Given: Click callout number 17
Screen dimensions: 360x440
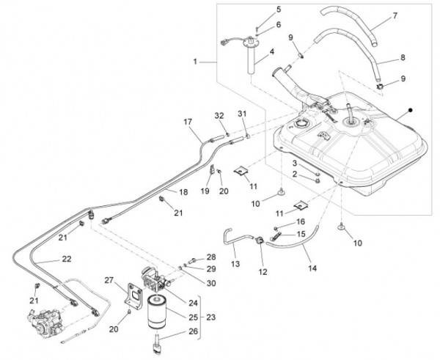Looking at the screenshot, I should point(187,121).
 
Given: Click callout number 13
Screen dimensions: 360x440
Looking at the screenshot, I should point(235,262).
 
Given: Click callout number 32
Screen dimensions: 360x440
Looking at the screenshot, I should point(218,116).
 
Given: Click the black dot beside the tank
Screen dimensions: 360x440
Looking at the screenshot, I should point(411,109).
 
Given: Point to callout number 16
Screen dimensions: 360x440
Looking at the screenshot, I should point(301,221).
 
